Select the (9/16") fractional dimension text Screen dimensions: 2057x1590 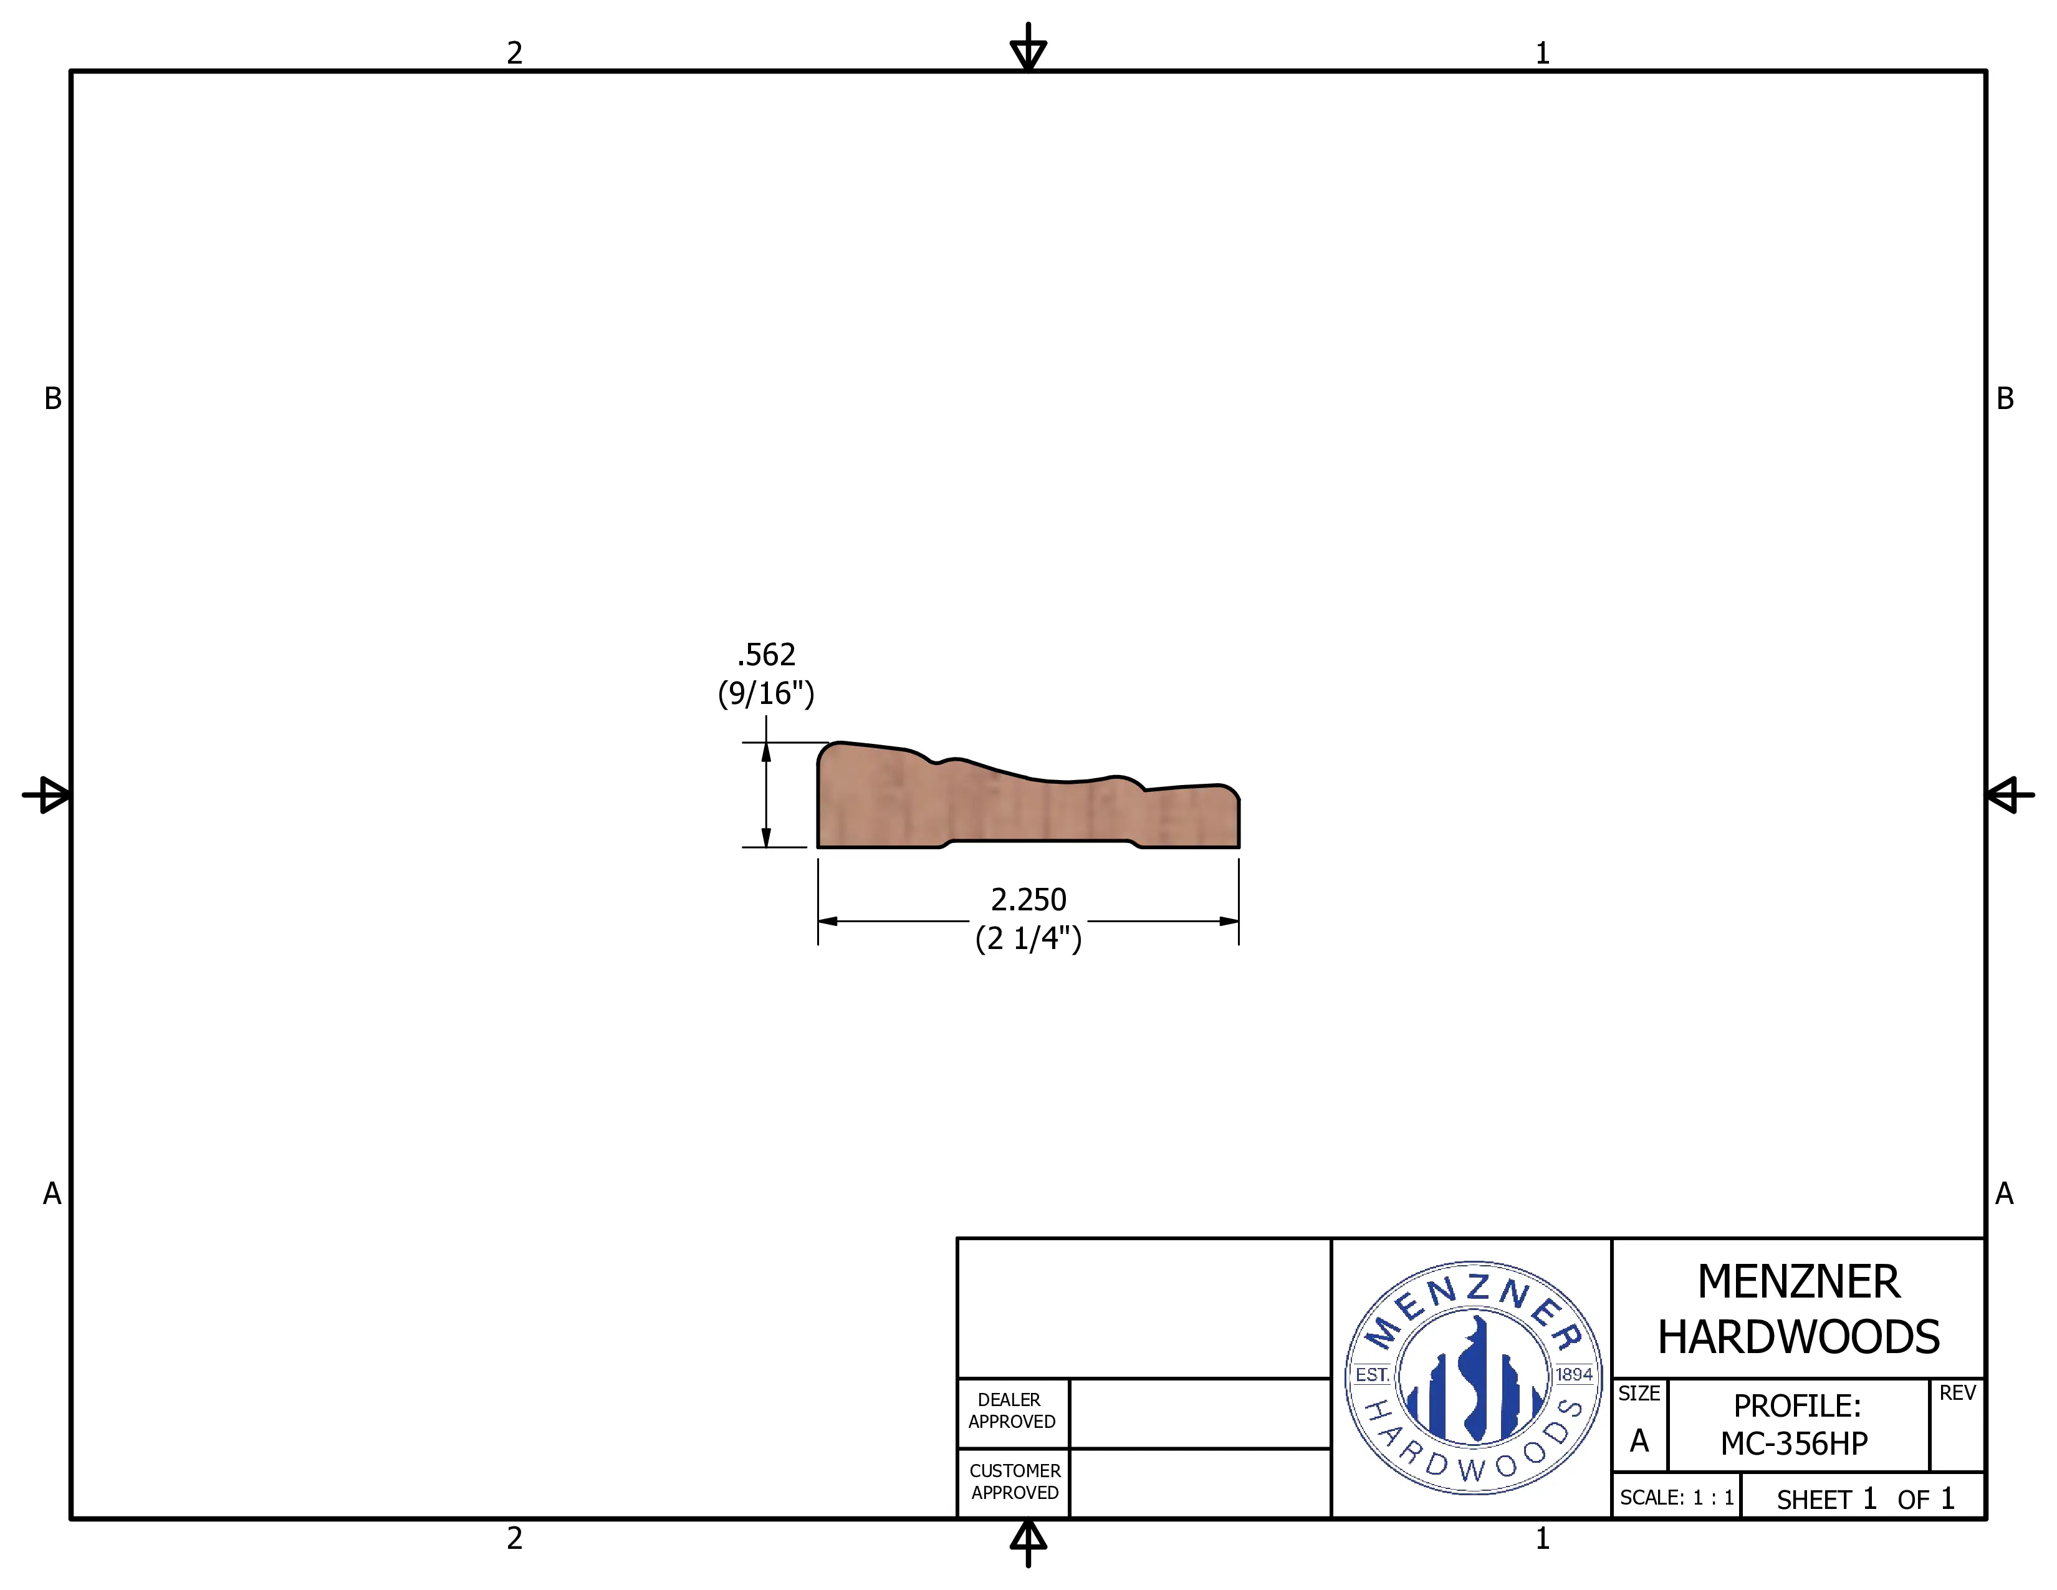click(x=765, y=693)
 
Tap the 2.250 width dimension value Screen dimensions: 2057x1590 click(x=1028, y=900)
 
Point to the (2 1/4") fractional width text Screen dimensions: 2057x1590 click(x=1028, y=938)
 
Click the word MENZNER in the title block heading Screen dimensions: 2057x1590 click(x=1798, y=1282)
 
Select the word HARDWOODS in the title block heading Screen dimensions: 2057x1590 click(x=1798, y=1337)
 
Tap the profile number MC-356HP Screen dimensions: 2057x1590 click(x=1794, y=1443)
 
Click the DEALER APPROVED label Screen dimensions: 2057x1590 click(x=1012, y=1410)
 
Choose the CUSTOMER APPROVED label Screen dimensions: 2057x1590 click(x=1014, y=1481)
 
